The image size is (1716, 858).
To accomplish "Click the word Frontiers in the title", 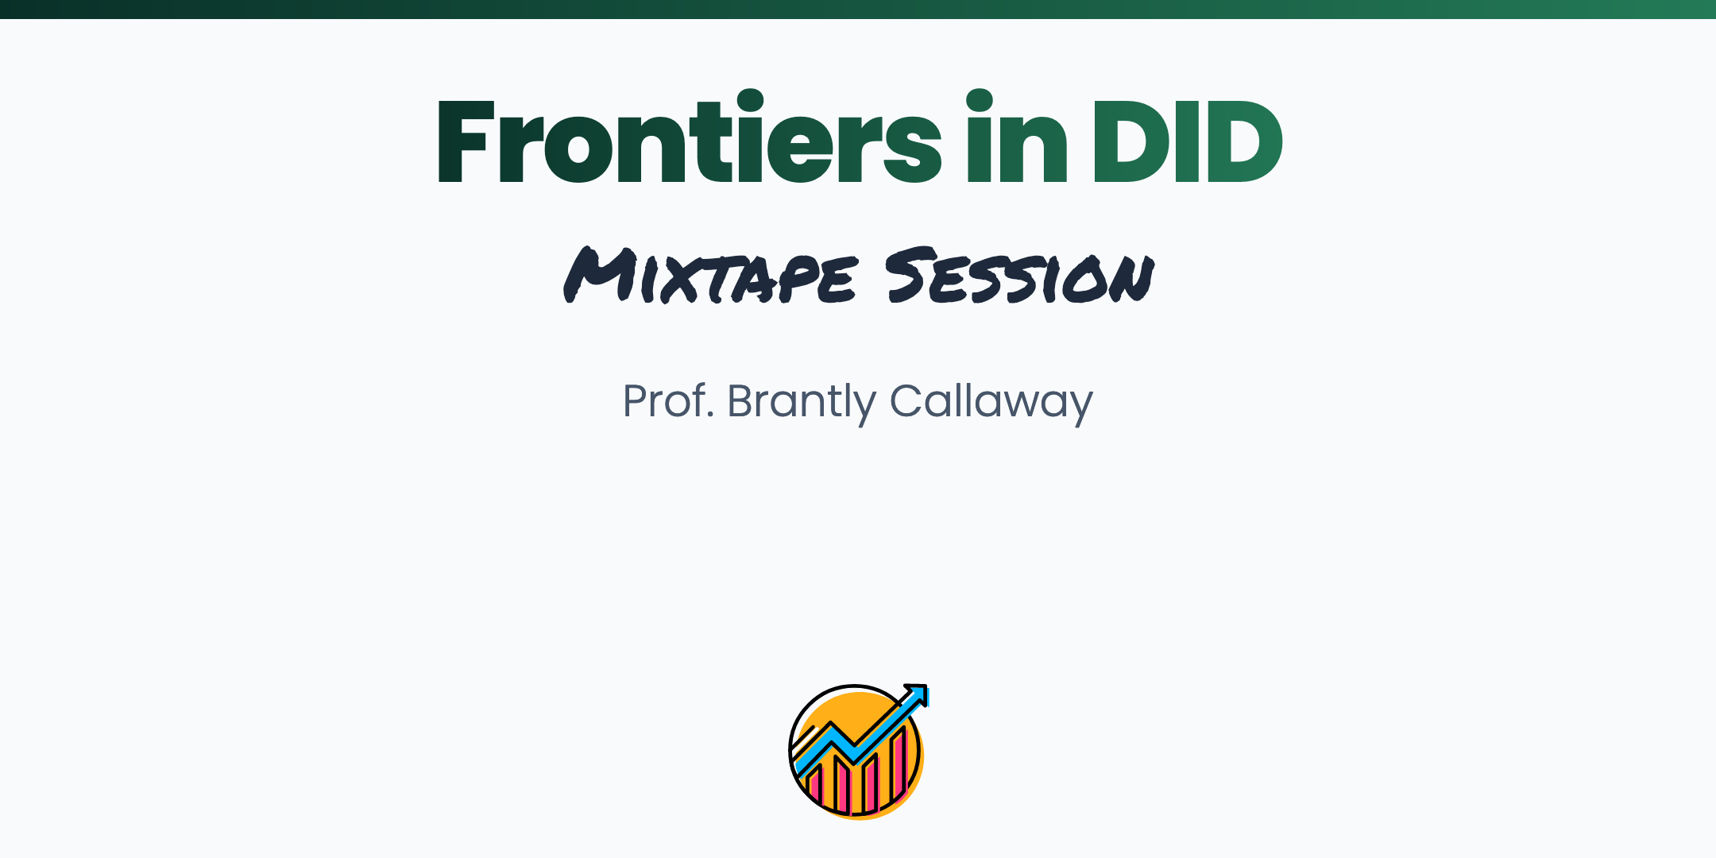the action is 689,139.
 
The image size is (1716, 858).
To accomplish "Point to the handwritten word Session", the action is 1020,275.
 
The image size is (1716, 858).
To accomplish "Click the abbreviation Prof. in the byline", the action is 668,401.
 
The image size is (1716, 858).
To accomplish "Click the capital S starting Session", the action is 910,275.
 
